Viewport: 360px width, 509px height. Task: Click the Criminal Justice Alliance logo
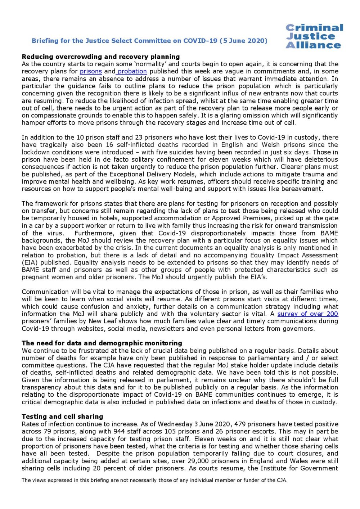(314, 36)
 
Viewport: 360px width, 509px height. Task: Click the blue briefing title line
(149, 41)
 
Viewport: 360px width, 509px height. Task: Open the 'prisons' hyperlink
(91, 71)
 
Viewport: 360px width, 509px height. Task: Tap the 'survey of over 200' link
(307, 314)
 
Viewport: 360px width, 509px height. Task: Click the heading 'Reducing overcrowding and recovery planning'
(101, 57)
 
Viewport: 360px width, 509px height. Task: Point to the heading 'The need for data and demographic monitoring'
(102, 343)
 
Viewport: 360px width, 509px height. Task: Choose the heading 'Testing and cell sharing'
(62, 416)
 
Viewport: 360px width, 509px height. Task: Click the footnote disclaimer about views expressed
(154, 480)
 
